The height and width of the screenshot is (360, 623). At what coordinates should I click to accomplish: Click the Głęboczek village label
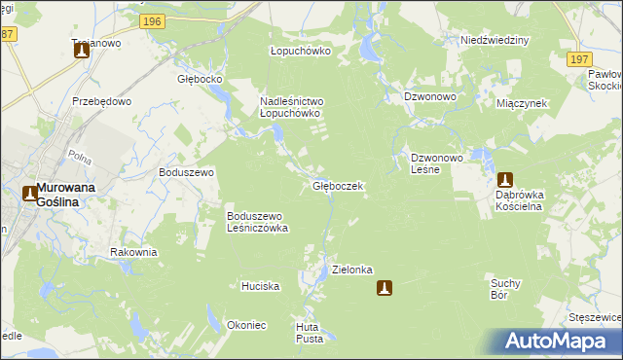[338, 185]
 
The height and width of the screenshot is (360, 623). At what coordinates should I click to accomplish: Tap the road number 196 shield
[151, 20]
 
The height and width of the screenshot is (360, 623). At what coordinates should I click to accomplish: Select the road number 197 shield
[578, 59]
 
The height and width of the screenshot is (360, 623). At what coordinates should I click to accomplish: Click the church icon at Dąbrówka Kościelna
[505, 180]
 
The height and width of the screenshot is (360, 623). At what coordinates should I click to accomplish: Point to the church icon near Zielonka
[385, 287]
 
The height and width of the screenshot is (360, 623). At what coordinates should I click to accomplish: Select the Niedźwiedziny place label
[494, 41]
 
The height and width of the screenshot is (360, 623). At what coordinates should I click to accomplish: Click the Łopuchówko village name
[300, 51]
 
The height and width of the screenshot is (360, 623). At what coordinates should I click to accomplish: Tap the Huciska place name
[261, 287]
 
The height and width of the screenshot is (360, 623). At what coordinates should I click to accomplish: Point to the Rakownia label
[133, 252]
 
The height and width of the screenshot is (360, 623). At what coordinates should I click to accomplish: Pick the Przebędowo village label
[94, 100]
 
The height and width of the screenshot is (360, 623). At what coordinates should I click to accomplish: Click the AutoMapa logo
[556, 341]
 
